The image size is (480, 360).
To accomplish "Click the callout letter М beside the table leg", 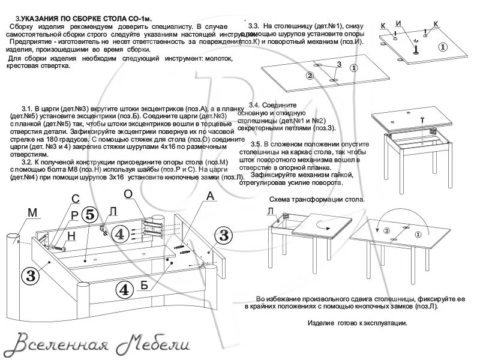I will pos(32,212).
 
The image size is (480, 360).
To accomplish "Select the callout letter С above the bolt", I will pos(76,199).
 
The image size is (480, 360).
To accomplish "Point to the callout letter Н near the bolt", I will pos(71,236).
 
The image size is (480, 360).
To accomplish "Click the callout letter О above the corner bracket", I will pos(128,194).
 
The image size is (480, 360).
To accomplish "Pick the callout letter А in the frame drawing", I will pos(209,196).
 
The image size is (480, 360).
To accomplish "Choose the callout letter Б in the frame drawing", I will pos(144,285).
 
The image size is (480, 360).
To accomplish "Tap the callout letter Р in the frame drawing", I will pos(74,215).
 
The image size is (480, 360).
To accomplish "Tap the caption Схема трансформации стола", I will pos(316,199).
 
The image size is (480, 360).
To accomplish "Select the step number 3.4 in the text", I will pos(254,105).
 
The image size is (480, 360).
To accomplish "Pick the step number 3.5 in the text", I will pos(256,145).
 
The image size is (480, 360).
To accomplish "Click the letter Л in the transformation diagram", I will pos(271,210).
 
